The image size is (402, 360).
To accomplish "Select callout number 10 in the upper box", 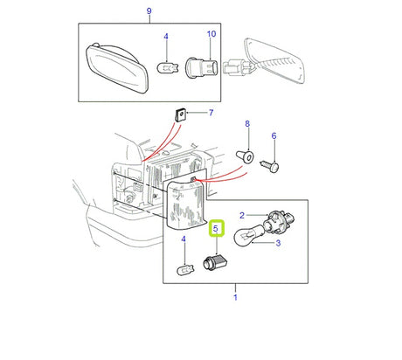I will point(211,34).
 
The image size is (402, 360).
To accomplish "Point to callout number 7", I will point(210,114).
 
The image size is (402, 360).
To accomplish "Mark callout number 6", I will point(274,136).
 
